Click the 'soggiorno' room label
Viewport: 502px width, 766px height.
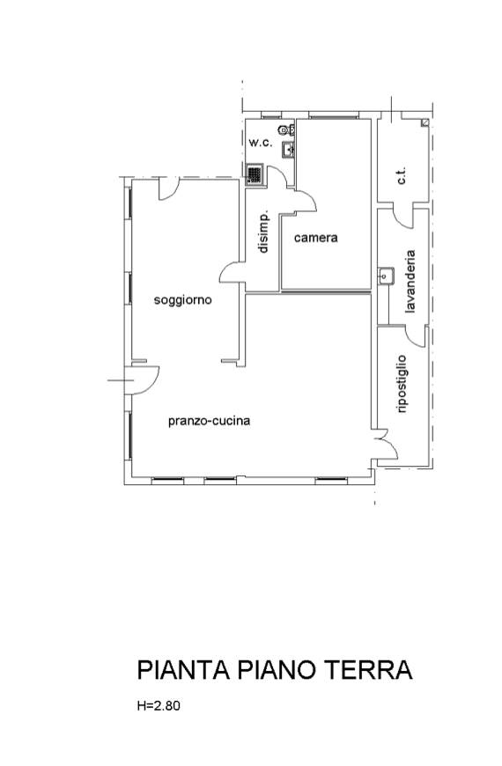coord(183,300)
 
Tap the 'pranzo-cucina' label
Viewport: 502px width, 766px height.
coord(210,421)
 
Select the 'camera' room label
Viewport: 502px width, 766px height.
coord(316,238)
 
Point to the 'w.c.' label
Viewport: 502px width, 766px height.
coord(261,143)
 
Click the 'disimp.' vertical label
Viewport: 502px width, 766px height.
coord(263,232)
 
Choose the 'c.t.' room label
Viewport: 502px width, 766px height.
coord(402,176)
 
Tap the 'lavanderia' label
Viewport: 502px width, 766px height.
coord(410,282)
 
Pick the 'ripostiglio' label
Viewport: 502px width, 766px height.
coord(402,385)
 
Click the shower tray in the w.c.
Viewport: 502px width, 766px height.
coord(255,174)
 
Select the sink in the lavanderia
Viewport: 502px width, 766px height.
coord(386,276)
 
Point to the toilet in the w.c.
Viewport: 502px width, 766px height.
coord(286,129)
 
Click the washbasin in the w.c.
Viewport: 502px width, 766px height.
coord(288,149)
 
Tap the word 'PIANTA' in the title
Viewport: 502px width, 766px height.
coord(184,670)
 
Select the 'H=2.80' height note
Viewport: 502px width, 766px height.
coord(159,706)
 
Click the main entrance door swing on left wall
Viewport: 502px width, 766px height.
coord(142,380)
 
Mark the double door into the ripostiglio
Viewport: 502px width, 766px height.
coord(385,444)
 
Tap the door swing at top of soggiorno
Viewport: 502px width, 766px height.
coord(168,189)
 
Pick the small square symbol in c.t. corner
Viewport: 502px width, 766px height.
coord(425,123)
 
